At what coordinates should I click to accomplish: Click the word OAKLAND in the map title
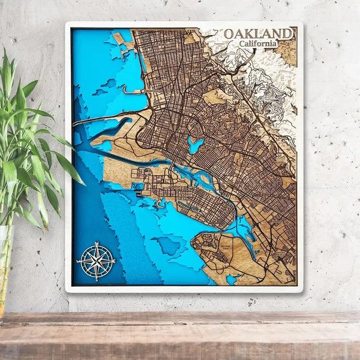[x=259, y=34]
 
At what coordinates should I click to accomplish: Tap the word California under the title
[x=257, y=44]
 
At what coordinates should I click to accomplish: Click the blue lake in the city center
[x=194, y=145]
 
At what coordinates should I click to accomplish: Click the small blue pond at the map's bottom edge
[x=232, y=278]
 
